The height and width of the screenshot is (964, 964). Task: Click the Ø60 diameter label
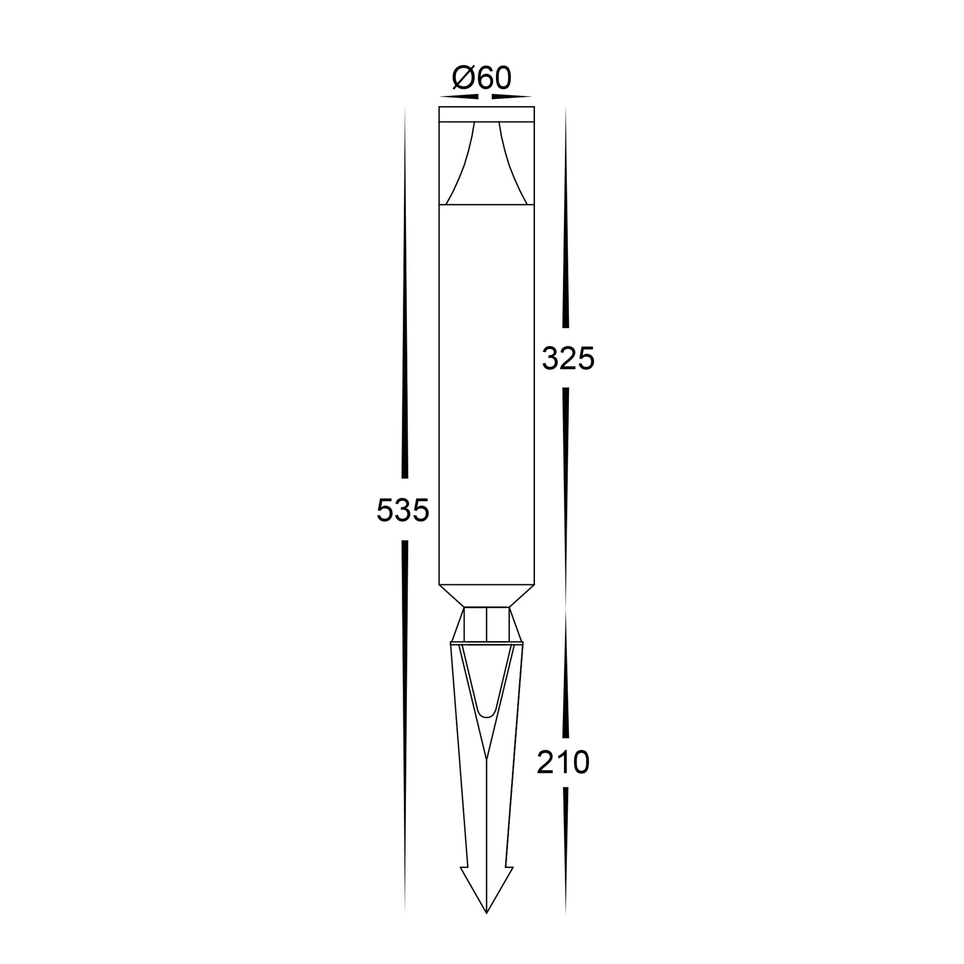(x=482, y=78)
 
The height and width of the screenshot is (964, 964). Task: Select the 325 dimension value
(x=568, y=358)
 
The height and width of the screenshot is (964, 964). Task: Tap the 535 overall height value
(x=403, y=510)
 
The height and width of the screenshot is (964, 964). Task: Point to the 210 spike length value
(x=563, y=763)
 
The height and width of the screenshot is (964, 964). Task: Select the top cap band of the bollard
(x=486, y=114)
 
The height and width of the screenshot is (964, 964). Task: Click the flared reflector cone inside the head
(x=486, y=166)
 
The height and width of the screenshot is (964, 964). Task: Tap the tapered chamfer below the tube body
(x=486, y=596)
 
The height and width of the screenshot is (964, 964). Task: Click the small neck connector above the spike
(x=486, y=624)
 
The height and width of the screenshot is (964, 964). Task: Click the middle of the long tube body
(x=486, y=394)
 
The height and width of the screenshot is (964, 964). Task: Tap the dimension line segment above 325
(x=566, y=225)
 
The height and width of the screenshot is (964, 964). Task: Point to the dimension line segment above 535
(x=405, y=300)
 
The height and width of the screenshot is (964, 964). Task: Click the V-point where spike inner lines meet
(x=486, y=758)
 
